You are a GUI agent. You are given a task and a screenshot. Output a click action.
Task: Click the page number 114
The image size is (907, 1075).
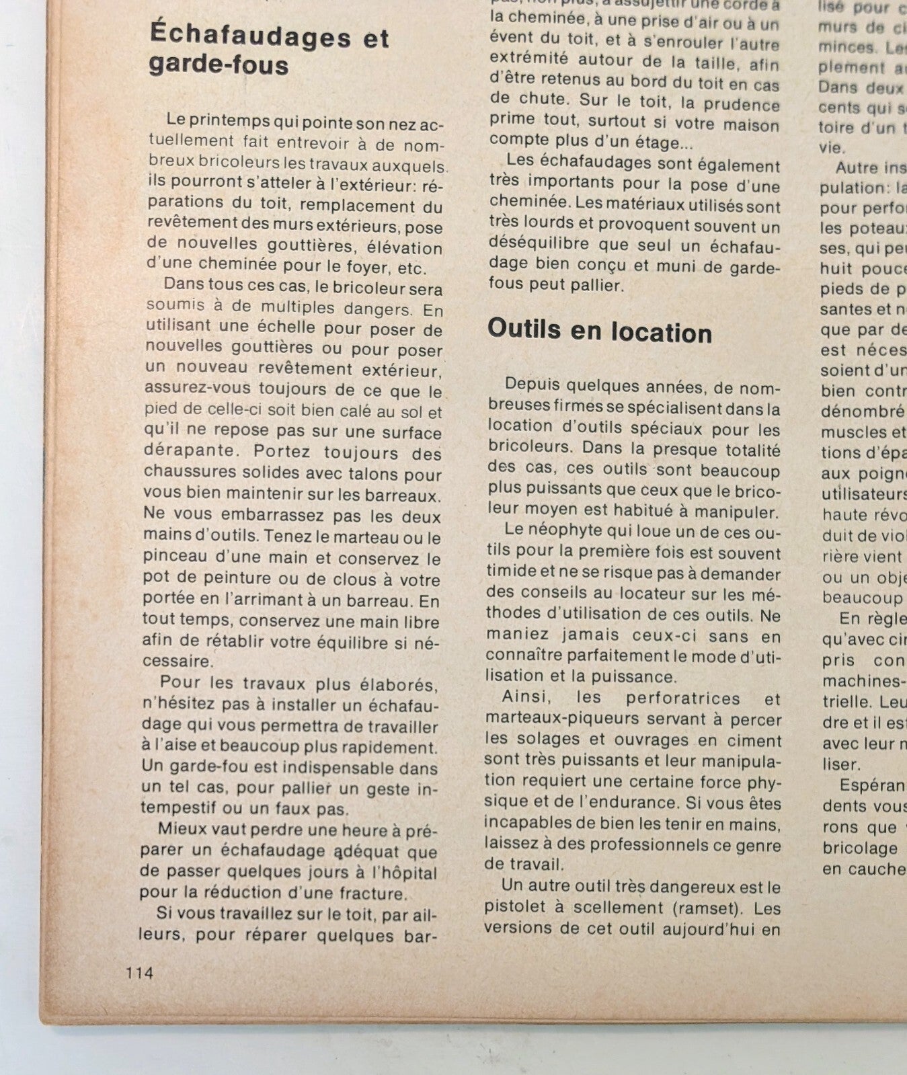[139, 972]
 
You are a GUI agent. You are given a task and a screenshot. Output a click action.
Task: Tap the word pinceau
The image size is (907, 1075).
[170, 557]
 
